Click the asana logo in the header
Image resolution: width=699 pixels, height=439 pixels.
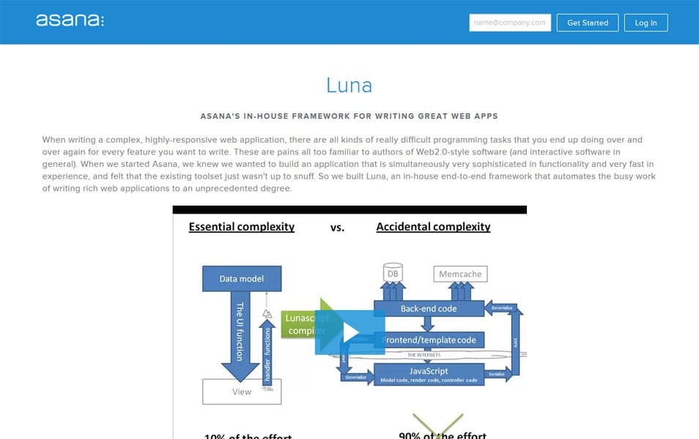70,20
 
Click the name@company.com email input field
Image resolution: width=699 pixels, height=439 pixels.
510,23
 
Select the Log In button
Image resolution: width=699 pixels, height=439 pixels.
646,23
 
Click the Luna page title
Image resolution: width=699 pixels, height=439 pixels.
349,86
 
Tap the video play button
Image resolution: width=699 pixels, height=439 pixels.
349,332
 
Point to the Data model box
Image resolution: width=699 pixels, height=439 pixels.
241,278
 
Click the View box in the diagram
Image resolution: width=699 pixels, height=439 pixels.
241,391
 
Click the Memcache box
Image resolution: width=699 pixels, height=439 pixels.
460,274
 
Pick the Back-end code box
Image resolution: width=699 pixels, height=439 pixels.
429,309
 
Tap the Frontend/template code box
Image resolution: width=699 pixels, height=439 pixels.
437,339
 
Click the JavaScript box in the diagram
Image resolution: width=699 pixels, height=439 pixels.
429,374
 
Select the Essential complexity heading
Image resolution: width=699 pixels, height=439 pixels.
242,227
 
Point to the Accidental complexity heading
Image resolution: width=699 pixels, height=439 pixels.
433,227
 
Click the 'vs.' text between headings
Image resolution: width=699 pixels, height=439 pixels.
337,228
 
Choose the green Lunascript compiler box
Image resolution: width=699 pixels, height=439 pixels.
300,325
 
